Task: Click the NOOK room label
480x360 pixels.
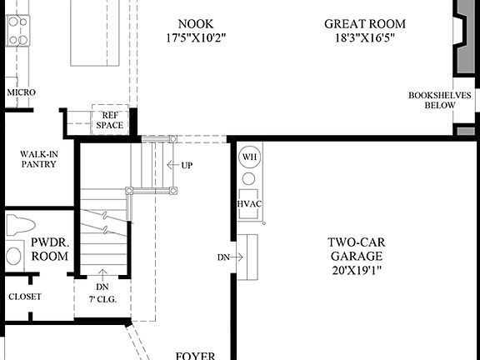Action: (x=198, y=23)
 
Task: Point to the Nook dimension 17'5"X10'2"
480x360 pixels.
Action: (x=198, y=37)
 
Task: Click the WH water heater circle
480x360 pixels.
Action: (x=249, y=157)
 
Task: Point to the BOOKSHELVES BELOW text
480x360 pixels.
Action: (x=442, y=101)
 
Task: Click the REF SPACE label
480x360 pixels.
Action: (x=109, y=121)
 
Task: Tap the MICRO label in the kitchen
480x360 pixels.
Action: (x=20, y=92)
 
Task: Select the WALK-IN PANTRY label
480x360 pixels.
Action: (x=38, y=159)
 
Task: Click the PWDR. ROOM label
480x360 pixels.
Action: (x=50, y=249)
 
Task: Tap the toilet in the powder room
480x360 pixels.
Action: (x=20, y=225)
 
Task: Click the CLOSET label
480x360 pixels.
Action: (x=24, y=297)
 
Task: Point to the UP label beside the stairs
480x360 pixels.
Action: (x=187, y=165)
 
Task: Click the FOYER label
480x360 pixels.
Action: (x=196, y=355)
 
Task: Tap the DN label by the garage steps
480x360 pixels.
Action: (x=223, y=257)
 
